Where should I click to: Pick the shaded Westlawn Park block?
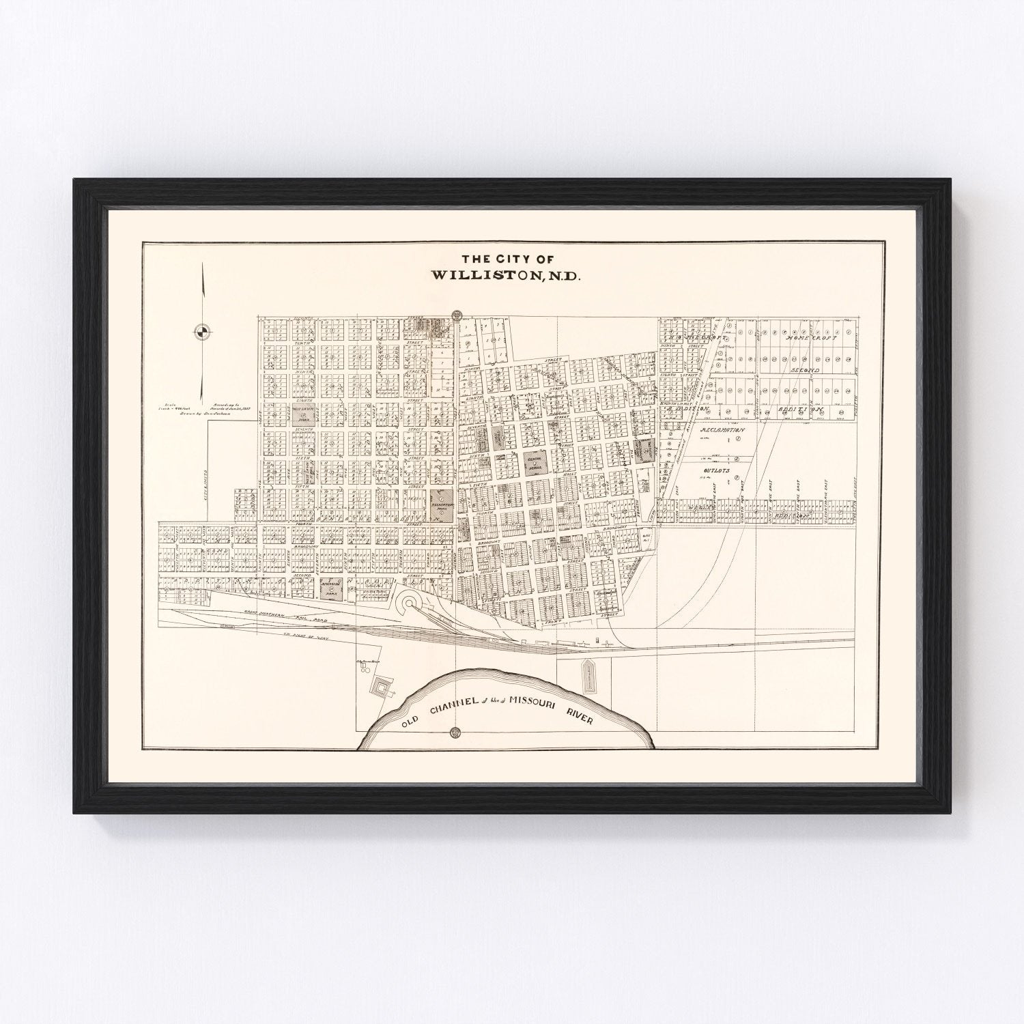point(304,416)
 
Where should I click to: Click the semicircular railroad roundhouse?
point(412,601)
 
